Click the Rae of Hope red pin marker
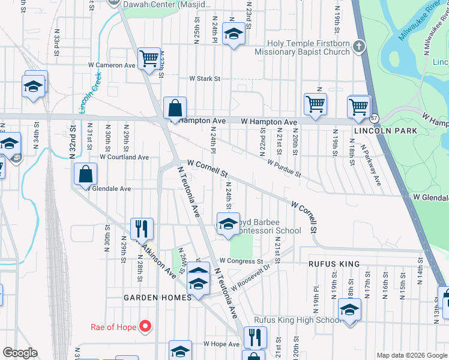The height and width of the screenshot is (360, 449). click(145, 327)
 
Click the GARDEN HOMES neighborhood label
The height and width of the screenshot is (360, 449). click(157, 297)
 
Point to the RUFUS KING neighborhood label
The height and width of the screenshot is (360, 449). click(334, 264)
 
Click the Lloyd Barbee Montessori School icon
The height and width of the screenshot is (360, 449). click(228, 224)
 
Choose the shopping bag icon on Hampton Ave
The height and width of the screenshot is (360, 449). click(175, 109)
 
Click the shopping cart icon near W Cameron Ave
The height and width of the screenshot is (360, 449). click(148, 59)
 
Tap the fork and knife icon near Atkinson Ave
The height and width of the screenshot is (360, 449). click(142, 228)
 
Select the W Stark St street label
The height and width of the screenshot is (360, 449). click(205, 79)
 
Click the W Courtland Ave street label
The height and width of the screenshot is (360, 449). click(124, 157)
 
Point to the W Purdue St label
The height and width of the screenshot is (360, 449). click(284, 167)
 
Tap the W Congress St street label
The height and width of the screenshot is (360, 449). click(241, 261)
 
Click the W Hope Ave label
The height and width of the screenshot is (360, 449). click(221, 344)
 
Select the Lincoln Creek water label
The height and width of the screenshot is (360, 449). click(89, 93)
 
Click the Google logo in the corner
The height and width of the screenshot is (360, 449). click(20, 353)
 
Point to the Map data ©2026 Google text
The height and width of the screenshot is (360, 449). click(411, 355)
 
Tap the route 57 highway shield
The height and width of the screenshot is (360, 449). click(374, 118)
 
